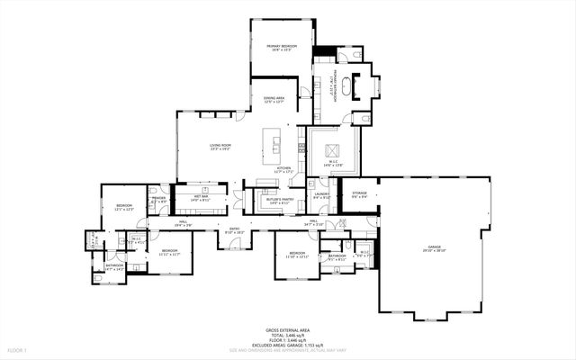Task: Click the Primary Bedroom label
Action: click(282, 45)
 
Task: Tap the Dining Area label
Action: click(274, 99)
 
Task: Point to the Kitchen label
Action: click(284, 169)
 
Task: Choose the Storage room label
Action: click(359, 194)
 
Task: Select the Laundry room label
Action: click(321, 196)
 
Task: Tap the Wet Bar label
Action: click(201, 197)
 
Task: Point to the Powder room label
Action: click(158, 200)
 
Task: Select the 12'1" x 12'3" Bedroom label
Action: click(123, 207)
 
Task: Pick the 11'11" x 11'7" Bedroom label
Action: click(169, 252)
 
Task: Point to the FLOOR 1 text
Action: click(18, 348)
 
